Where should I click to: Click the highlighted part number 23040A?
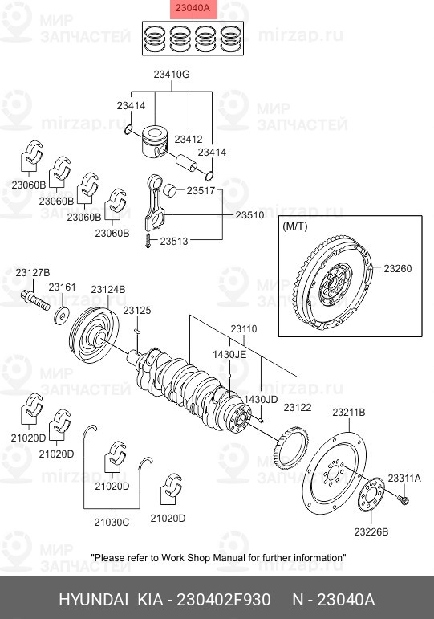pyautogui.click(x=194, y=9)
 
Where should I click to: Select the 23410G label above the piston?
pyautogui.click(x=172, y=75)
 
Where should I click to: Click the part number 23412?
pyautogui.click(x=188, y=139)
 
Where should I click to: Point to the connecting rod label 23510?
pyautogui.click(x=249, y=215)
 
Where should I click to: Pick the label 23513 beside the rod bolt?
pyautogui.click(x=174, y=240)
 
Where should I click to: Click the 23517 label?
pyautogui.click(x=201, y=191)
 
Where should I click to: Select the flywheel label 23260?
pyautogui.click(x=396, y=268)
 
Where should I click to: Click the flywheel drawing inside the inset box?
pyautogui.click(x=335, y=283)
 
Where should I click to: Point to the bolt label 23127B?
pyautogui.click(x=32, y=273)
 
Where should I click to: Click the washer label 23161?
pyautogui.click(x=62, y=287)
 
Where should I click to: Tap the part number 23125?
pyautogui.click(x=136, y=310)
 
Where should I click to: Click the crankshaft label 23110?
pyautogui.click(x=244, y=329)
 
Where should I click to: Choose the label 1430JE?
pyautogui.click(x=229, y=354)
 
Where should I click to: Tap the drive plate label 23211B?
pyautogui.click(x=349, y=412)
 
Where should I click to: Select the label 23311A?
pyautogui.click(x=404, y=478)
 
